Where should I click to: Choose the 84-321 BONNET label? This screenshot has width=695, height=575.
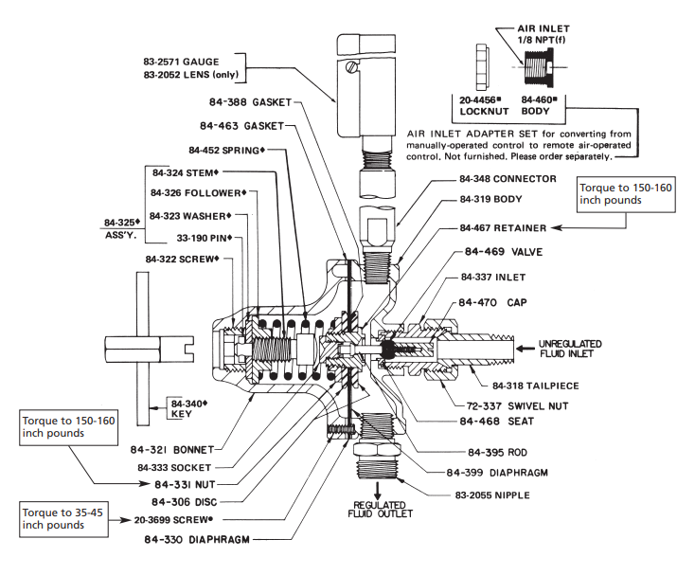[x=187, y=447]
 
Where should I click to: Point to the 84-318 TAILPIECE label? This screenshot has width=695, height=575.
[x=535, y=386]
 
